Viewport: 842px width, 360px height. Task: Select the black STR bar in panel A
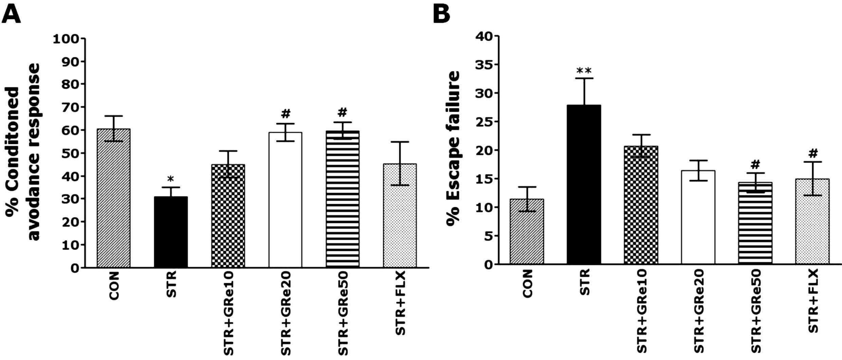coord(171,232)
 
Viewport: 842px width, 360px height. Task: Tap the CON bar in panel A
coord(114,198)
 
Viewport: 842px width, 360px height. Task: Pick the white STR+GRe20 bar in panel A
coord(286,200)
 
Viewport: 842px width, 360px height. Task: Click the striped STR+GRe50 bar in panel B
coord(755,223)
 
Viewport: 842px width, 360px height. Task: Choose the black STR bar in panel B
coord(584,185)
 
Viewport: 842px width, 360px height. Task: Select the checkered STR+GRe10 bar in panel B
coord(641,205)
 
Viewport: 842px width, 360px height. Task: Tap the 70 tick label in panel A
coord(72,107)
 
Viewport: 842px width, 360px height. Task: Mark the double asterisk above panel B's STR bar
coord(584,71)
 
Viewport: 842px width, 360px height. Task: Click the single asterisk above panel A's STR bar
coord(171,179)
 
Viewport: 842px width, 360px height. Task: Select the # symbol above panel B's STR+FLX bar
coord(813,154)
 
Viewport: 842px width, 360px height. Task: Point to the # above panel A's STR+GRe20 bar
coord(286,113)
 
